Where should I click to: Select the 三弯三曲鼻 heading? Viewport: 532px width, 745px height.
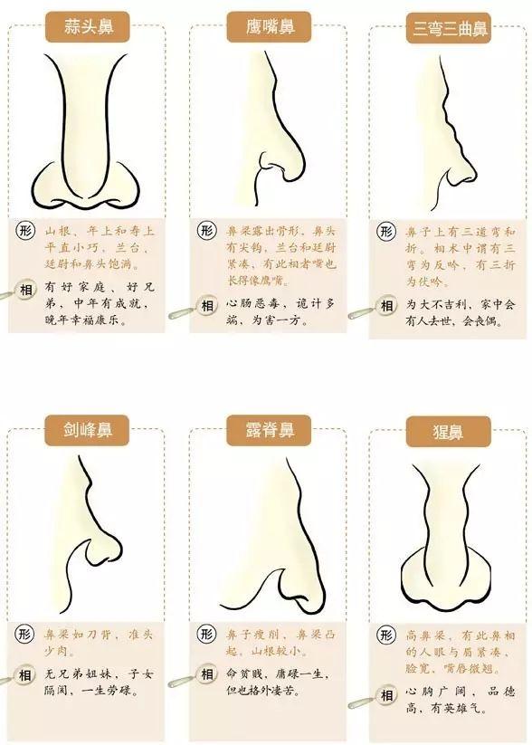point(450,29)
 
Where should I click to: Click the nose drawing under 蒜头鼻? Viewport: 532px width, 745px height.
point(86,136)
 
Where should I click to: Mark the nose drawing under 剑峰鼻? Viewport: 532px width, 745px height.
point(90,534)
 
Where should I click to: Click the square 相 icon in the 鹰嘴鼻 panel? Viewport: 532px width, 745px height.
point(207,306)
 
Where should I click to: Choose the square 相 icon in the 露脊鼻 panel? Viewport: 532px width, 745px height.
point(207,674)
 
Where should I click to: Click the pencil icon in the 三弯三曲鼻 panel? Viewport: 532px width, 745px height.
point(362,313)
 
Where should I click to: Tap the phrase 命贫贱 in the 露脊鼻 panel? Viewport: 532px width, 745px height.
point(244,674)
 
